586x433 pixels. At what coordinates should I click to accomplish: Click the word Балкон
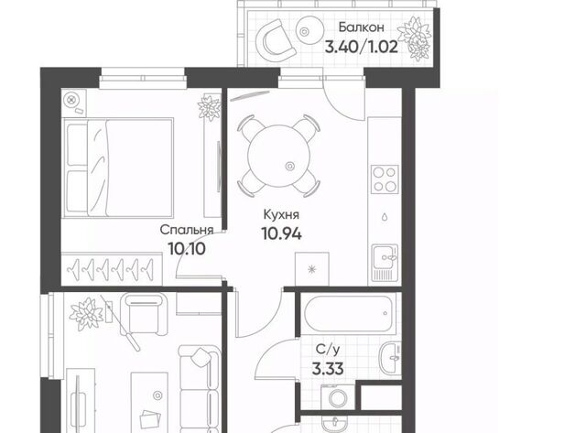click(x=361, y=27)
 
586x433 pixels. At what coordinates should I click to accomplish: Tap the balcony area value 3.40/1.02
click(x=362, y=47)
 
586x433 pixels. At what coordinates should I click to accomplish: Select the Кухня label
click(x=281, y=215)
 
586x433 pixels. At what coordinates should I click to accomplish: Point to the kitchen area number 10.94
click(x=281, y=233)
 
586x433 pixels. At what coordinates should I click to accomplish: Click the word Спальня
click(x=187, y=230)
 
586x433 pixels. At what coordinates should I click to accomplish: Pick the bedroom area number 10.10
click(x=187, y=248)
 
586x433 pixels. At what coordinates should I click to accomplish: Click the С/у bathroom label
click(x=328, y=350)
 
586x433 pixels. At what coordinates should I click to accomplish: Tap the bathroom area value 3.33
click(x=328, y=369)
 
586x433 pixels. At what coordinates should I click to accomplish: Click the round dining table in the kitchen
click(x=278, y=157)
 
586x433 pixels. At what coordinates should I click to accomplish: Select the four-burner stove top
click(x=385, y=179)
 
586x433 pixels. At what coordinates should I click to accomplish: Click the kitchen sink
click(x=385, y=263)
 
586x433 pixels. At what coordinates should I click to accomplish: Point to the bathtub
click(x=350, y=314)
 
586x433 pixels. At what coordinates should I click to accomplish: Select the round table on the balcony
click(x=309, y=31)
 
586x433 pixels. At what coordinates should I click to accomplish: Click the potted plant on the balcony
click(x=414, y=38)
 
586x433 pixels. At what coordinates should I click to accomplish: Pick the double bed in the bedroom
click(x=118, y=168)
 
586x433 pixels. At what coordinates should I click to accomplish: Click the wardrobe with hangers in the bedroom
click(x=112, y=268)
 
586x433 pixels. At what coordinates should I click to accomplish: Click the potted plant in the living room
click(x=86, y=314)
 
